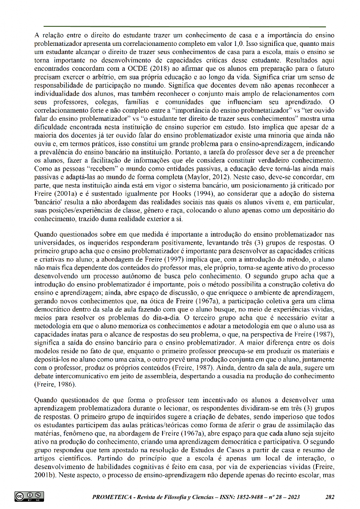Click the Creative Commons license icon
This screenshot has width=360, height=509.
pos(29,496)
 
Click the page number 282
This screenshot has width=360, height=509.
pos(330,497)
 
